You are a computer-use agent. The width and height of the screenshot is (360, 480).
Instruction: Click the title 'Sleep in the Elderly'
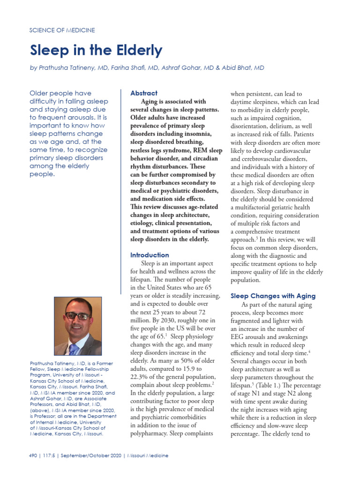[96, 50]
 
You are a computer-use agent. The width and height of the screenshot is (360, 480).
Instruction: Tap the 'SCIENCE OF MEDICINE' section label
[62, 30]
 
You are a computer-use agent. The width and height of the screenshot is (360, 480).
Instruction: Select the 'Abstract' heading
[144, 93]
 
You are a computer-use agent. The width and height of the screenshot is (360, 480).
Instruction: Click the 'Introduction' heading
[150, 255]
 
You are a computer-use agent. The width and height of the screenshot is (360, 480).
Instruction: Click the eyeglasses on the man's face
[77, 316]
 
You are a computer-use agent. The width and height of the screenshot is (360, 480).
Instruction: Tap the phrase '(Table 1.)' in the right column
[254, 385]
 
